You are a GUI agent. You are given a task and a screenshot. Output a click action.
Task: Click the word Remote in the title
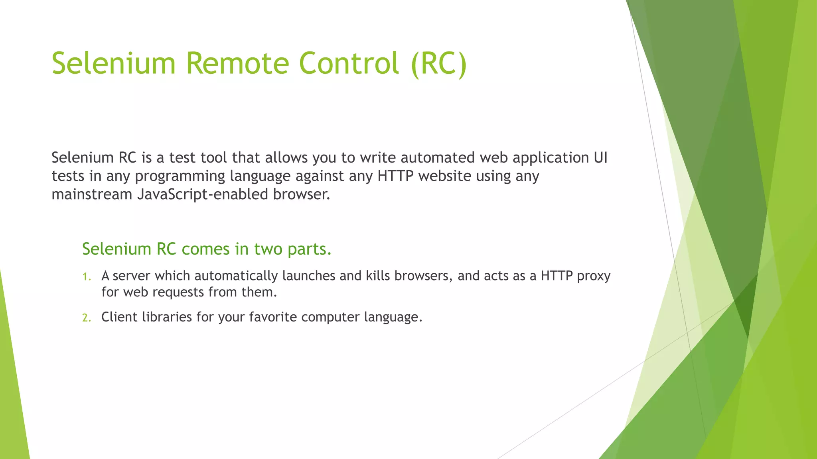[237, 63]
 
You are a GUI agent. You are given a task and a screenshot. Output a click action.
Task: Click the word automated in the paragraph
[438, 158]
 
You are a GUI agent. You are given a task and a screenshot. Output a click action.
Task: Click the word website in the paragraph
[445, 176]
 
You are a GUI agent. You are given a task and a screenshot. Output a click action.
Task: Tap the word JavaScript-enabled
[203, 194]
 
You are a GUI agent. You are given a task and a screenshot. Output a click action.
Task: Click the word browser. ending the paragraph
[302, 194]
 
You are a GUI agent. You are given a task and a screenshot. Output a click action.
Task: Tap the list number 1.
[87, 277]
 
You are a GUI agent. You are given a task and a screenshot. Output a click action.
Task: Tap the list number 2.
[87, 318]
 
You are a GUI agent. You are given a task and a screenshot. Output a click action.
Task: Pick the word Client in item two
[119, 317]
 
